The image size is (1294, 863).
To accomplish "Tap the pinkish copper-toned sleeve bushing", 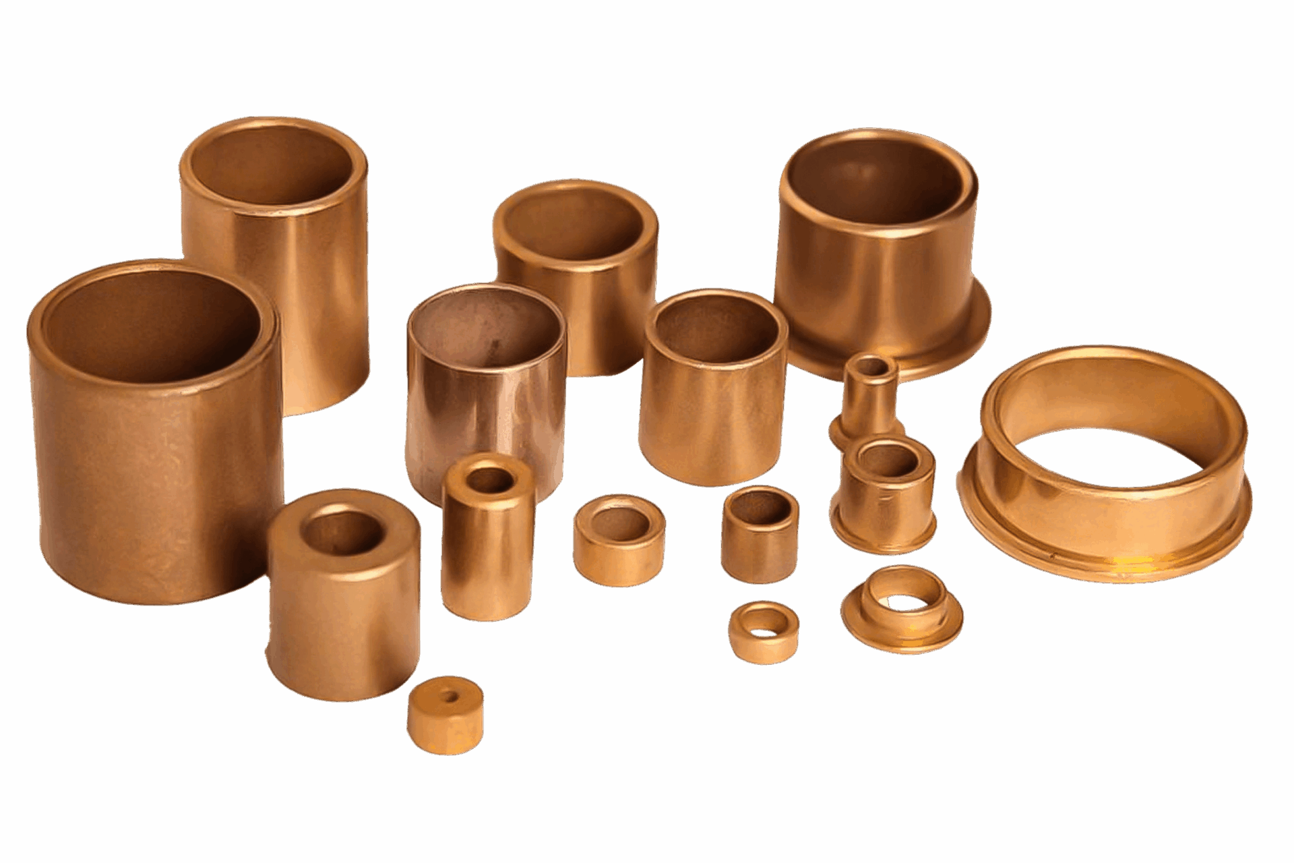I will [x=485, y=405].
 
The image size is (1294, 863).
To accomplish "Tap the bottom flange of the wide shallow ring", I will [x=1105, y=560].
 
